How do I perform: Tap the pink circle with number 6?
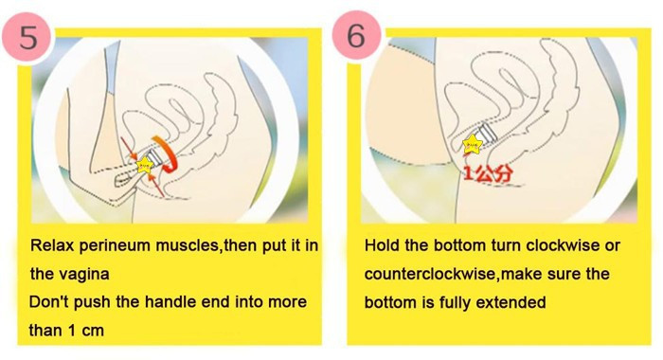coord(356,35)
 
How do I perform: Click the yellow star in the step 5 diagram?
coord(145,165)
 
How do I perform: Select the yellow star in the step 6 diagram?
coord(472,145)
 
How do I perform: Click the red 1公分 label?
coord(489,173)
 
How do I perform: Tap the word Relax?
coord(52,245)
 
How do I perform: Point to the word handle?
coord(170,302)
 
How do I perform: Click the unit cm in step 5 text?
coord(93,331)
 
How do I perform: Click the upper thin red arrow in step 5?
coord(129,148)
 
